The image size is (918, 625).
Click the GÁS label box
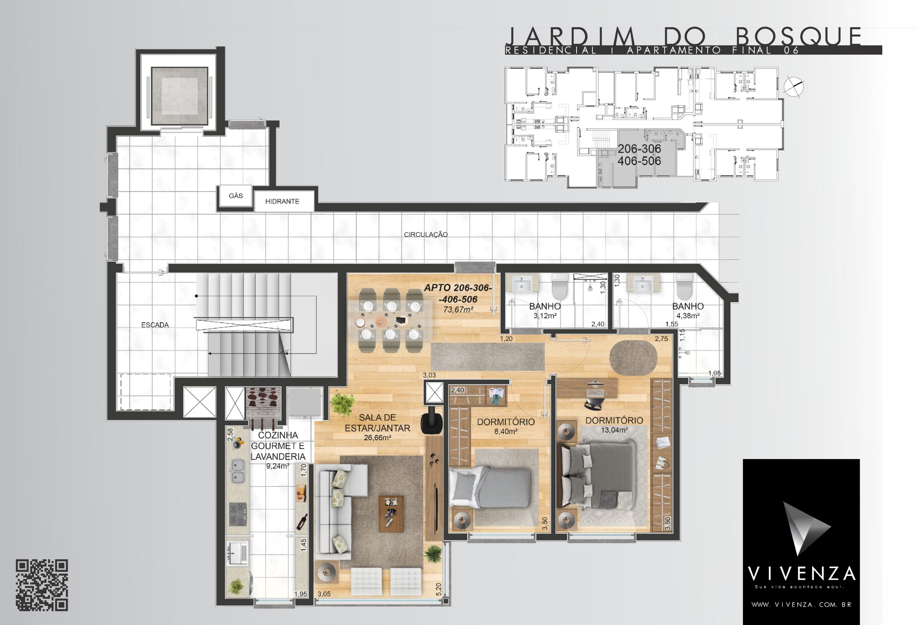[x=236, y=195]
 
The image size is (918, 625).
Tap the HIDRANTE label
[x=282, y=201]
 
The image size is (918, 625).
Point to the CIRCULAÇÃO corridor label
[x=426, y=234]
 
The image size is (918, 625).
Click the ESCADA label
[x=155, y=325]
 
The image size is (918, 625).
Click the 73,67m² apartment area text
[x=458, y=309]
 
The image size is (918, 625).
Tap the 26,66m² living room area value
[x=377, y=438]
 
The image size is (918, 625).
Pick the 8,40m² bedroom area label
[x=506, y=431]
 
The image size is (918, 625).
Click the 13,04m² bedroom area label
[x=614, y=430]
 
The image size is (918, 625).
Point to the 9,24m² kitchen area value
[x=278, y=466]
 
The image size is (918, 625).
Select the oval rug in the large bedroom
[x=633, y=357]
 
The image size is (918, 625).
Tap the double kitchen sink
[x=237, y=471]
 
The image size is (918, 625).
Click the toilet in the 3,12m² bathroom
[x=559, y=288]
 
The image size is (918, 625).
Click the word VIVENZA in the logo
[x=801, y=574]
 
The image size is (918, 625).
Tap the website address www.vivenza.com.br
[x=801, y=605]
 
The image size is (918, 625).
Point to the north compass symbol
[x=794, y=87]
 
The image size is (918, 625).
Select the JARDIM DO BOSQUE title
[x=683, y=37]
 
